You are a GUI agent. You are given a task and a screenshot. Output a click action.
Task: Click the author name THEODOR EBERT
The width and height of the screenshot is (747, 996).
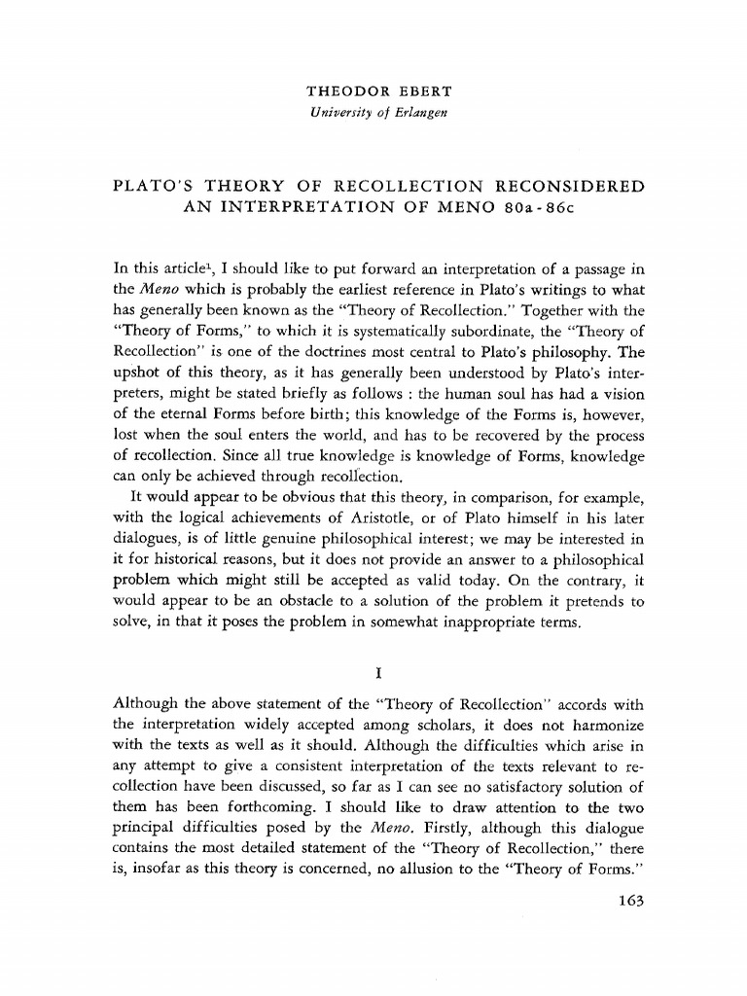click(373, 91)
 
